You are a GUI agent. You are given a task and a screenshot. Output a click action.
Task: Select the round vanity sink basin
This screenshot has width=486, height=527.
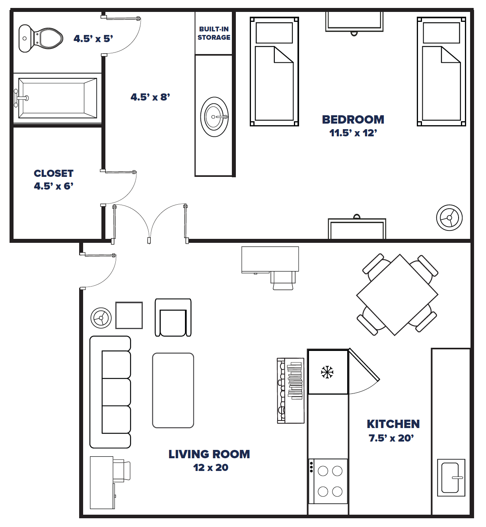214,117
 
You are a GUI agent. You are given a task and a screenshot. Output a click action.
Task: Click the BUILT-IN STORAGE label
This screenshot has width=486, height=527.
214,33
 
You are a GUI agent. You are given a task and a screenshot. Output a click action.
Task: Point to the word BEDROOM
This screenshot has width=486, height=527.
353,120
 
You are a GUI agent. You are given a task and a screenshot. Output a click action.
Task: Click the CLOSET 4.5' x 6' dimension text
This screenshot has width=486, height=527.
54,186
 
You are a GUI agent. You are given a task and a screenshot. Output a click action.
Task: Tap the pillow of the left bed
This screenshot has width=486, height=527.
274,33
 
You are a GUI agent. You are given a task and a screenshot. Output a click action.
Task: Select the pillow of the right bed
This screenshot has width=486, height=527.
441,33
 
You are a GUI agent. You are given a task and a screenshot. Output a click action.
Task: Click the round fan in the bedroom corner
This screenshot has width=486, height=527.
449,217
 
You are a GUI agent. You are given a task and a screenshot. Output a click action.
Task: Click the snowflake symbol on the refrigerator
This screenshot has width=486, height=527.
327,372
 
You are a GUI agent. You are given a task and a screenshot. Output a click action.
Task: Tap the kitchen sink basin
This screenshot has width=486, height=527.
451,477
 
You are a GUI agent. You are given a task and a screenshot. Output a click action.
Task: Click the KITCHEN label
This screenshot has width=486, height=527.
393,424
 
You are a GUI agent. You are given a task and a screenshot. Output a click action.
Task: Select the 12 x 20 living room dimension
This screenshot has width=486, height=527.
211,468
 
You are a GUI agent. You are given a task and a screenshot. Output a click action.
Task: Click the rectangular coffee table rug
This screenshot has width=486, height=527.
173,390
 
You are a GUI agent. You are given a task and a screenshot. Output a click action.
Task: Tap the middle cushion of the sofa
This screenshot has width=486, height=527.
115,392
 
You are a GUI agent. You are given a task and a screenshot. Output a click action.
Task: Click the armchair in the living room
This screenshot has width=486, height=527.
173,318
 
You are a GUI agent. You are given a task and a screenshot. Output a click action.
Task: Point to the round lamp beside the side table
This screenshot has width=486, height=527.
101,318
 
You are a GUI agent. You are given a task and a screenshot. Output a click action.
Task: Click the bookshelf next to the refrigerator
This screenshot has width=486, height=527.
291,390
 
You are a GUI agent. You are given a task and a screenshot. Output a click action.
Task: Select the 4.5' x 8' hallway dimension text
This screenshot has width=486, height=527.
150,97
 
